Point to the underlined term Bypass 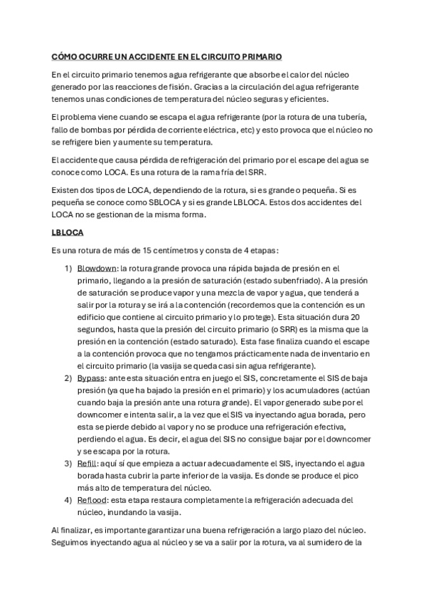point(90,377)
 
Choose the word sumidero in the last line point(331,543)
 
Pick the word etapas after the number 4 point(262,250)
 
